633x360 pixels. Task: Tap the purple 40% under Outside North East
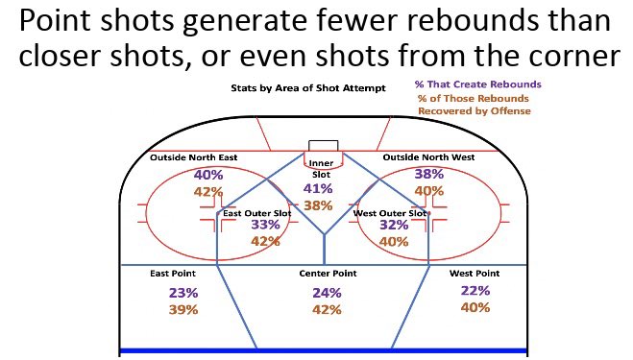pos(208,175)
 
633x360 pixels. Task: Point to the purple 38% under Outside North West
pos(428,174)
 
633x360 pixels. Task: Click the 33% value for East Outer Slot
pos(265,225)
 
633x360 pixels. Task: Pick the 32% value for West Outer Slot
pos(395,225)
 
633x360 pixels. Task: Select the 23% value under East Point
pos(183,293)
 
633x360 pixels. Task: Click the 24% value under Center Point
pos(328,293)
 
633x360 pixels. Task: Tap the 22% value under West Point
pos(475,291)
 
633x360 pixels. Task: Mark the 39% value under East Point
pos(183,309)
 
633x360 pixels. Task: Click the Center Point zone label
pos(328,274)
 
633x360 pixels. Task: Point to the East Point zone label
pos(174,274)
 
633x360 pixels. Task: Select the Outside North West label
pos(427,156)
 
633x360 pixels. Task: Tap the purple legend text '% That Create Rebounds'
pos(477,85)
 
